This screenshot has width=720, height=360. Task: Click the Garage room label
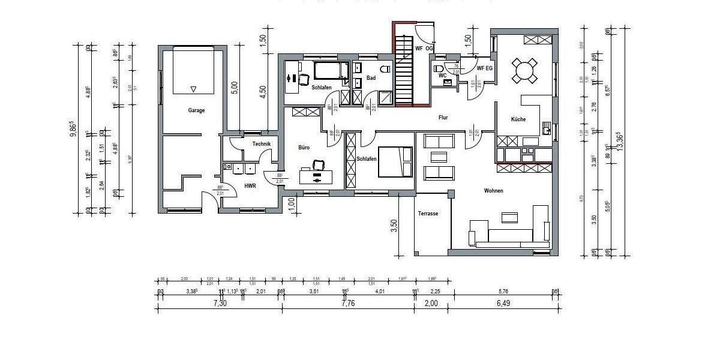196,110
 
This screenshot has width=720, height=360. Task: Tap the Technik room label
262,144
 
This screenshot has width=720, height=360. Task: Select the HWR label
250,186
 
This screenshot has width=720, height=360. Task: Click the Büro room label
304,147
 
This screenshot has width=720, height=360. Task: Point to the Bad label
371,78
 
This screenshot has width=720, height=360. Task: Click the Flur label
443,118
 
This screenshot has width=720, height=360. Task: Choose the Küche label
518,119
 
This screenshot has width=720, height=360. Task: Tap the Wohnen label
494,191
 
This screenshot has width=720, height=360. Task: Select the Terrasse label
428,214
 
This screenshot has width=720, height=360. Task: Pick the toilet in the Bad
385,68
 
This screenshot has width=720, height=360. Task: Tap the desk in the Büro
316,176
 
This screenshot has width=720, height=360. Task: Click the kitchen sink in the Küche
547,128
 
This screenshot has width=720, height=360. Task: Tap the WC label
442,76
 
